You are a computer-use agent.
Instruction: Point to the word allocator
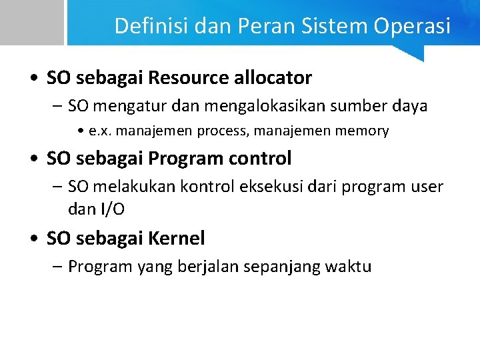[x=273, y=78]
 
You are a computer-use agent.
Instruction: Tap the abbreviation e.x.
[x=101, y=131]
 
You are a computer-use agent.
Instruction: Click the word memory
[x=363, y=131]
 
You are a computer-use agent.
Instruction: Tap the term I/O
[x=112, y=209]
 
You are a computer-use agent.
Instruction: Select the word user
[x=427, y=187]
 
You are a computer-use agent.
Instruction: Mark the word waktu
[x=348, y=267]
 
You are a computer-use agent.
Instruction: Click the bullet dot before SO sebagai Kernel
[x=33, y=239]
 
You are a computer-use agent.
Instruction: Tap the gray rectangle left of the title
[x=31, y=22]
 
